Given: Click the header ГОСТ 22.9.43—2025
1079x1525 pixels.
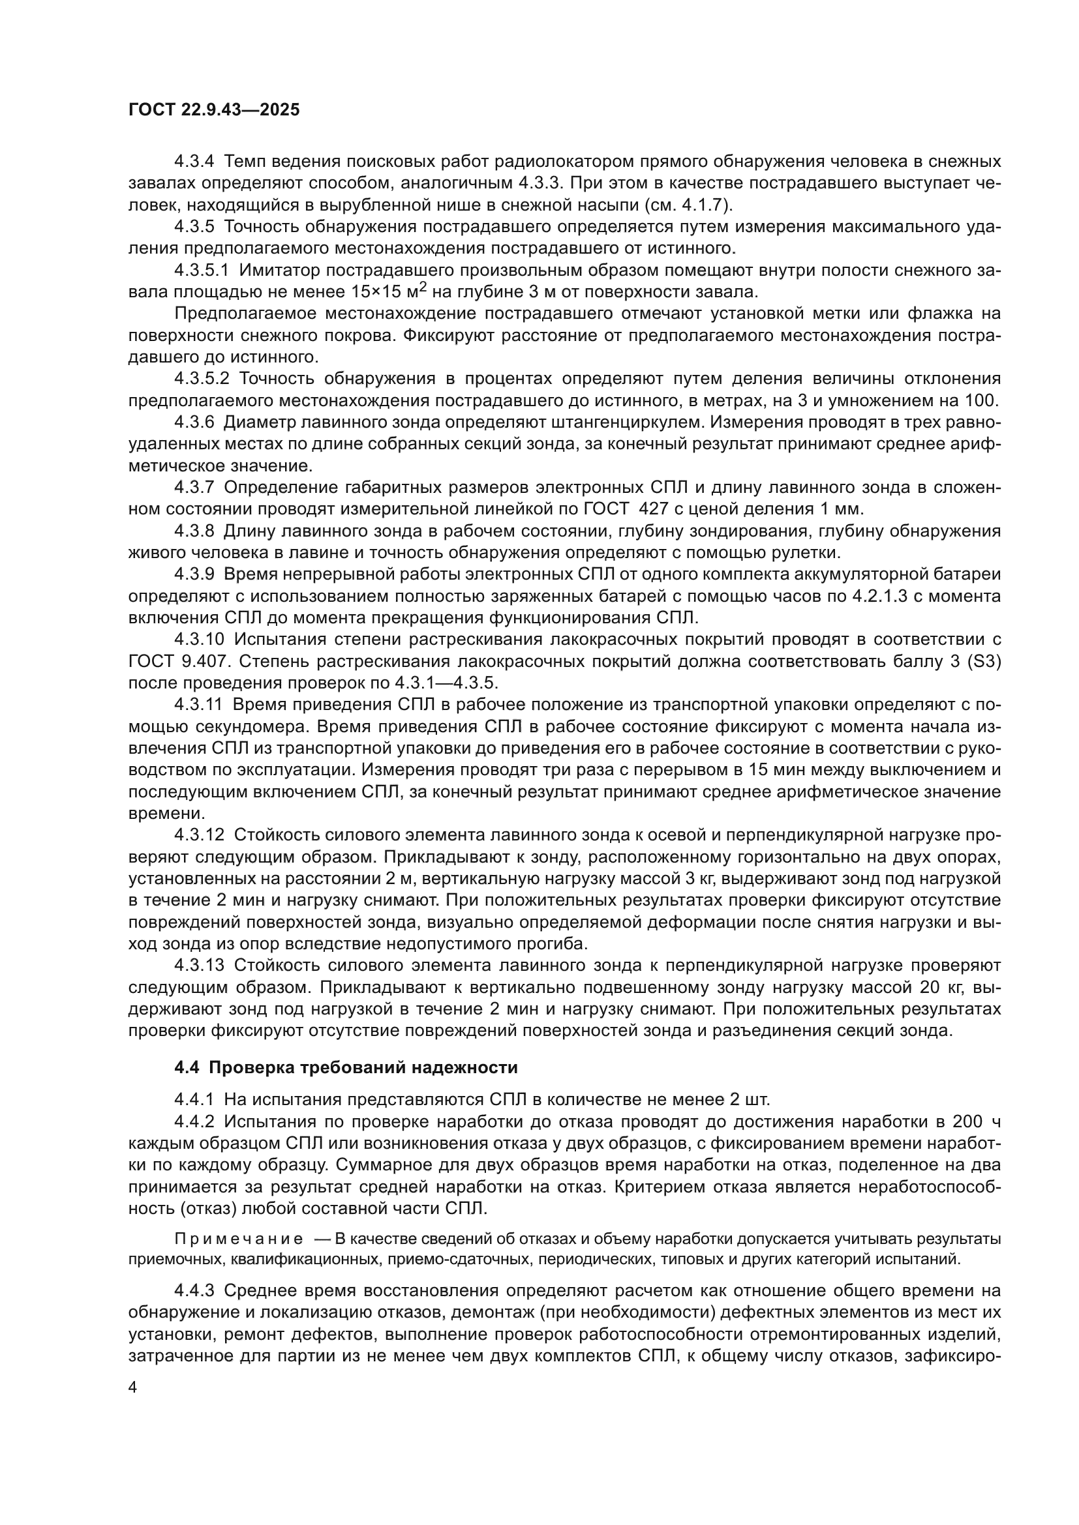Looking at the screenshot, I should click(213, 110).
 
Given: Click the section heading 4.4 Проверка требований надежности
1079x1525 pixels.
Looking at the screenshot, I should click(346, 1067).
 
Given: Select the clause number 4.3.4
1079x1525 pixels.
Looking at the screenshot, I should click(194, 162).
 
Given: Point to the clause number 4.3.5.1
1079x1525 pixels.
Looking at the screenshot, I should click(202, 271).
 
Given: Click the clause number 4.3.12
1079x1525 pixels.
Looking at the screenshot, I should click(199, 835).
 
